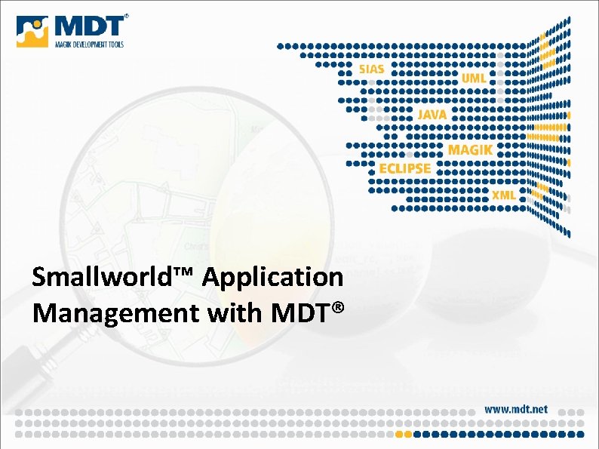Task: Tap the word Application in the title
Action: click(272, 278)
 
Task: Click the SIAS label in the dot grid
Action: click(371, 69)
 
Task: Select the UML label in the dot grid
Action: click(474, 78)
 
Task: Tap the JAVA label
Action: click(432, 114)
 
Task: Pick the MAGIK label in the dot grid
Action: click(470, 149)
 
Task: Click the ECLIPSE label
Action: click(405, 168)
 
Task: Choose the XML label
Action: click(504, 195)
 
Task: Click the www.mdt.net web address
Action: click(516, 409)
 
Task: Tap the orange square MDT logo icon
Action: click(32, 32)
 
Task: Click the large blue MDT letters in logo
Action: click(88, 26)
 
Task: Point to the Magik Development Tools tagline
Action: click(88, 45)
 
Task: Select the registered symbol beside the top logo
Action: click(126, 16)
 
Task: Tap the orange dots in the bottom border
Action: click(404, 434)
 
